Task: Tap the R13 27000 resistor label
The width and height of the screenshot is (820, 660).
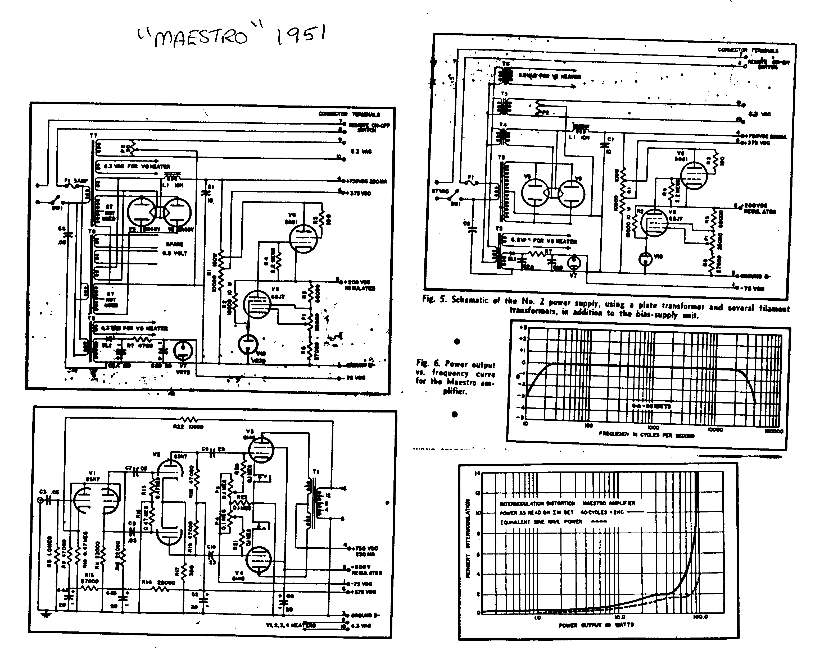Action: point(90,578)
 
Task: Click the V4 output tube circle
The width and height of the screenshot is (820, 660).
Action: point(259,559)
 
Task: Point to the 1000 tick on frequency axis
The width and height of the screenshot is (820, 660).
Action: point(653,427)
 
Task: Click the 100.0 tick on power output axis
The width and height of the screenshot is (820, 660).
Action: point(700,617)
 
